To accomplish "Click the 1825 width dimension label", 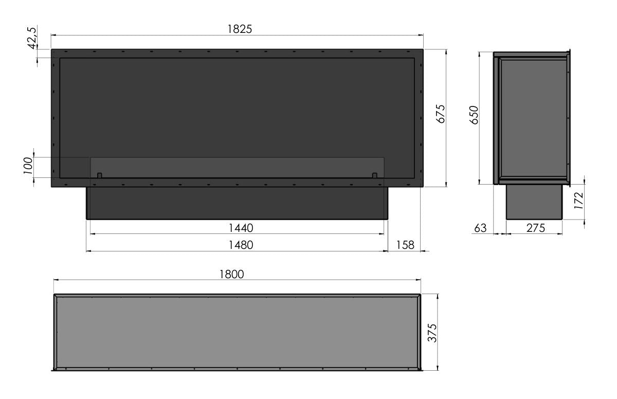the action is pyautogui.click(x=240, y=29).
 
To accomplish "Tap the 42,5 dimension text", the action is pyautogui.click(x=32, y=38).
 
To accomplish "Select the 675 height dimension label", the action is pyautogui.click(x=441, y=114).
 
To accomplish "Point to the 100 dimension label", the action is pyautogui.click(x=28, y=166).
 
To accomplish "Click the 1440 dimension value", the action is pyautogui.click(x=241, y=228).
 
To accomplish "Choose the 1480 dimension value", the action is pyautogui.click(x=241, y=245).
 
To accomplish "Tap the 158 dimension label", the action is pyautogui.click(x=405, y=245).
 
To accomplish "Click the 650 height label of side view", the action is pyautogui.click(x=474, y=115).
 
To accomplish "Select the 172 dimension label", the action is pyautogui.click(x=579, y=201).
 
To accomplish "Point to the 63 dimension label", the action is pyautogui.click(x=480, y=228).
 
